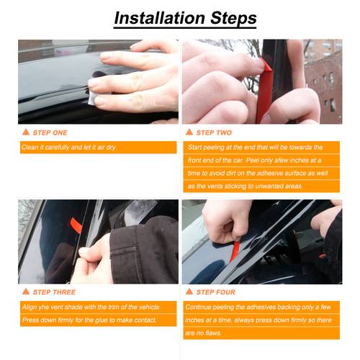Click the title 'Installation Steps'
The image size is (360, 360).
pos(179,17)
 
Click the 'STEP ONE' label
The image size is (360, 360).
pos(50,132)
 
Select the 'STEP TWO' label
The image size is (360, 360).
pos(214,132)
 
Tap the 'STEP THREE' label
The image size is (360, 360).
pos(53,292)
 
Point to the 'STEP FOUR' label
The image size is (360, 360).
pos(215,292)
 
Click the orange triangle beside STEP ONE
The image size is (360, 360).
pos(26,132)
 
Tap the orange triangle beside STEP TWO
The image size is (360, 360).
pos(189,132)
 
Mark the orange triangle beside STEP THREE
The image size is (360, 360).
pos(26,292)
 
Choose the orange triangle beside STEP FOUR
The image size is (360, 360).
pos(189,292)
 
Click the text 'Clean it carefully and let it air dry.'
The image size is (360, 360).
pos(68,148)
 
